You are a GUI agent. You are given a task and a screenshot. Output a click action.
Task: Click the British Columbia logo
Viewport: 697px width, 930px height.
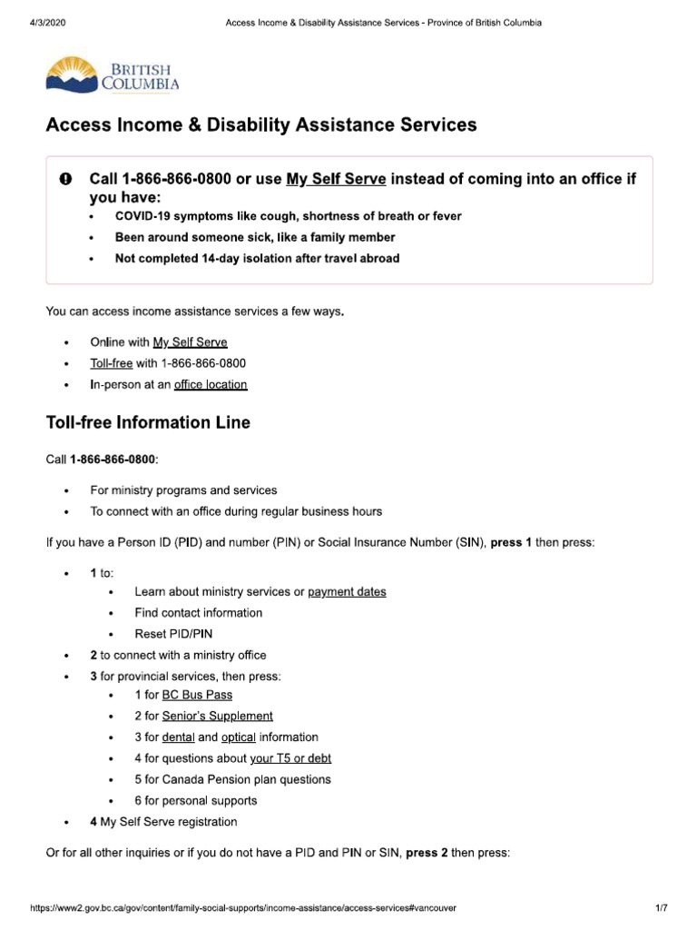(113, 75)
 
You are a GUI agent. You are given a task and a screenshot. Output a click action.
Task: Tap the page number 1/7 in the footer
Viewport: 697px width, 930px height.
(661, 908)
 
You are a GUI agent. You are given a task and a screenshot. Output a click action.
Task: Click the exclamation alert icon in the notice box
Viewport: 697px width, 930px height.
(66, 180)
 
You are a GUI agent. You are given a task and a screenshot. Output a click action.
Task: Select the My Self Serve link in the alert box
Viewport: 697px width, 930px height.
(336, 180)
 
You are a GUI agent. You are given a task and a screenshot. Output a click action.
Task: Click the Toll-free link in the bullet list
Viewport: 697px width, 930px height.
(111, 363)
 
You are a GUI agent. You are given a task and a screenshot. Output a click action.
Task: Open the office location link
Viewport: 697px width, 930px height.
(210, 384)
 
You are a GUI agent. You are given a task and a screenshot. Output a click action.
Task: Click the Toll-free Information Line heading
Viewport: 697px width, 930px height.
(148, 422)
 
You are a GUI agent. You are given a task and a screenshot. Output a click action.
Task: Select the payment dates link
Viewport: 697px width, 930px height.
(347, 592)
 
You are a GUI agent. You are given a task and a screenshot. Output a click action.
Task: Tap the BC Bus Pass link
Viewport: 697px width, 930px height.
(197, 695)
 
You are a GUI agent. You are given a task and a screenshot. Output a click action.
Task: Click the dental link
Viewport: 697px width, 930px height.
(178, 737)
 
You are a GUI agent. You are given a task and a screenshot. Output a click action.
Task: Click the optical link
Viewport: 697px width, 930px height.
(239, 737)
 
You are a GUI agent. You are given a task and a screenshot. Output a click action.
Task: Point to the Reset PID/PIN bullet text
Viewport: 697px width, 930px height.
(173, 634)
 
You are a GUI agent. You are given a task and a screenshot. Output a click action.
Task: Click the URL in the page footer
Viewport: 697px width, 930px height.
(243, 908)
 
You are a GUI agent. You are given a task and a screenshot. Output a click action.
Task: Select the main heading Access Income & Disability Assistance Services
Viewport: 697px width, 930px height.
(261, 125)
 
